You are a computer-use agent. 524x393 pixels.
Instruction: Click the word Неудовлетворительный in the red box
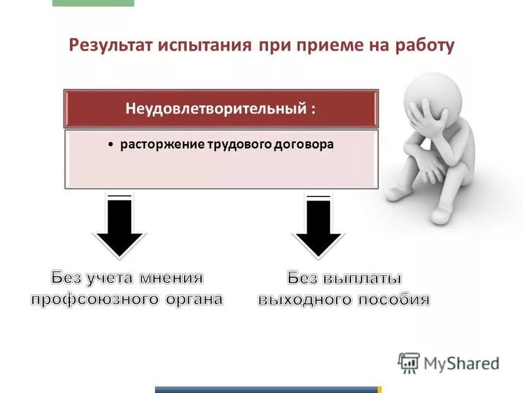[x=213, y=109]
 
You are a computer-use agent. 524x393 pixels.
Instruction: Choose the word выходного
[x=304, y=300]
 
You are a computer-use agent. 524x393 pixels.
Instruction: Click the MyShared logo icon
[x=409, y=363]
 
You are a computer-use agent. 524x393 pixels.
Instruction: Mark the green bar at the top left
[x=92, y=3]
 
